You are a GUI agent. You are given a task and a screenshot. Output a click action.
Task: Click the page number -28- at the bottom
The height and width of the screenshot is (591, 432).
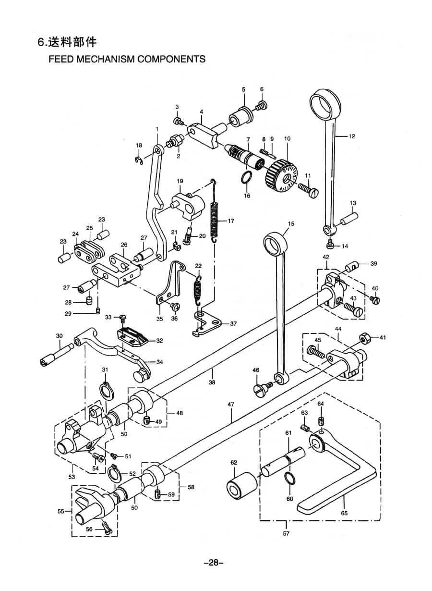coord(214,563)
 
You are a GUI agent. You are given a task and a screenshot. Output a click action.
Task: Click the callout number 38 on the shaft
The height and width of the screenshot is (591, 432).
coord(212,383)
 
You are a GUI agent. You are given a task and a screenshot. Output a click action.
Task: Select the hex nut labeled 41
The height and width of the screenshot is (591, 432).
coord(364,337)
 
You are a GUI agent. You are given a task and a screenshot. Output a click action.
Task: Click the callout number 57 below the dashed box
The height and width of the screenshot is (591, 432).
coord(286,533)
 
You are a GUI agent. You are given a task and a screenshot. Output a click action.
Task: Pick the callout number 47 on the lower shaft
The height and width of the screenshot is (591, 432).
coord(231,405)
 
